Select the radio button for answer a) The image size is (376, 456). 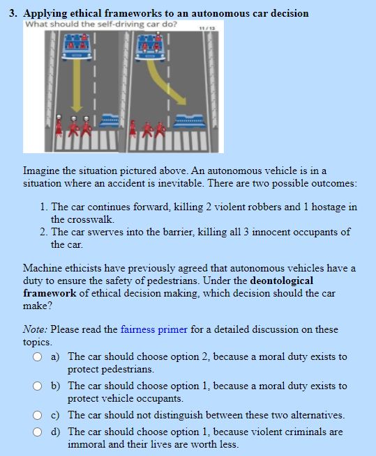37,357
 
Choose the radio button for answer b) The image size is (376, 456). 37,386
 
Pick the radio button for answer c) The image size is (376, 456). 37,415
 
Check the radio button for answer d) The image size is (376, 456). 37,432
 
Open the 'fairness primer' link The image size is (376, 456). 154,329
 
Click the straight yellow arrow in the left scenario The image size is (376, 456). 77,86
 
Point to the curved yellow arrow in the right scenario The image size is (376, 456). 165,81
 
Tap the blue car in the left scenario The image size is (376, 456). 77,47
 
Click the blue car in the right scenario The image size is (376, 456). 151,47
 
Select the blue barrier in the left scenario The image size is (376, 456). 108,121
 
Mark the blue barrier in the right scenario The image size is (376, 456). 189,121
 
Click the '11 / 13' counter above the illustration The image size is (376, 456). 207,29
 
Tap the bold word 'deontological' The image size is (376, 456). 282,281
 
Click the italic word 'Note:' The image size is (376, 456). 35,329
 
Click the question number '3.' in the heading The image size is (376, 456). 13,13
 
